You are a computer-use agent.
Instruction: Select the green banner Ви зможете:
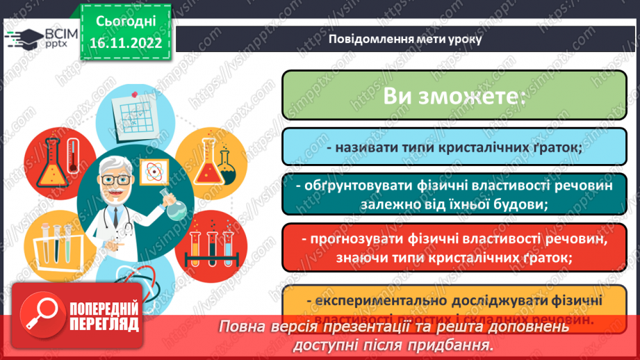453,95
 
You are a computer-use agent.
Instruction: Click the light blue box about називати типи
453,147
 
